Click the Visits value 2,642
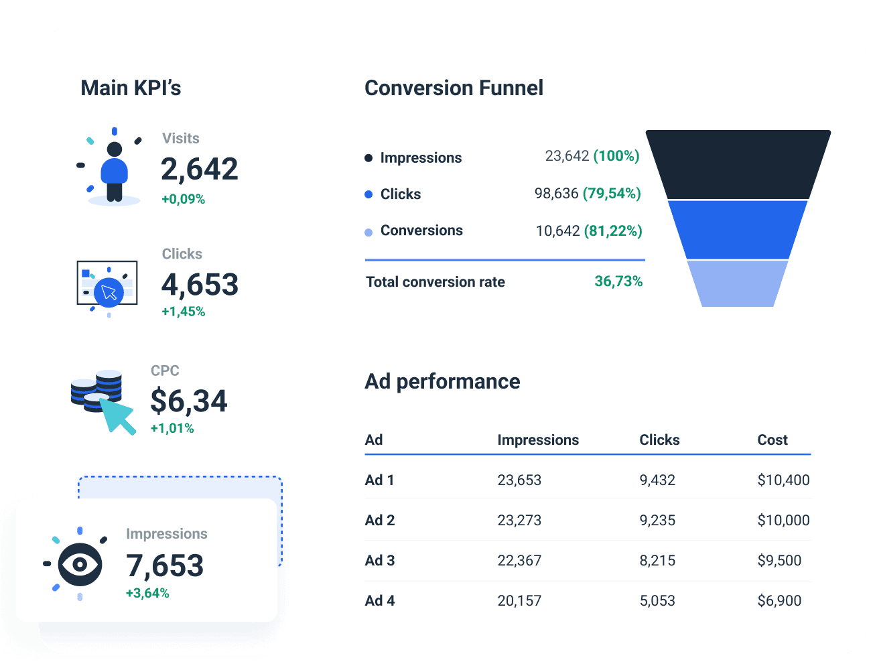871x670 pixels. [x=199, y=169]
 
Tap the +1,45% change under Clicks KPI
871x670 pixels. [x=183, y=312]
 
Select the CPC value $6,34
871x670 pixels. [x=188, y=401]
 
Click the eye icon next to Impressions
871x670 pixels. [x=80, y=564]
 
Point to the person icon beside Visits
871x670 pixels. [x=115, y=171]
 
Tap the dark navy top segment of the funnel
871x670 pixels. [x=738, y=164]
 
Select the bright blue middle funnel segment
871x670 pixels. [x=738, y=229]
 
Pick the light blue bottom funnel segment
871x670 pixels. [x=738, y=283]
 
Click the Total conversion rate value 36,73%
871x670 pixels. [x=618, y=281]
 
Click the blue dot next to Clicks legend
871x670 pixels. [x=368, y=194]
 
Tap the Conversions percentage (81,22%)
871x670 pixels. [x=612, y=231]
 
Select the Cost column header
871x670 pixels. [x=772, y=440]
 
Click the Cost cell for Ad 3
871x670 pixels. [x=779, y=561]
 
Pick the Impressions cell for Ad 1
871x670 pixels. [x=519, y=480]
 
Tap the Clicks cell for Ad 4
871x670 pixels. [x=657, y=601]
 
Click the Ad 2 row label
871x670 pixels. [x=379, y=521]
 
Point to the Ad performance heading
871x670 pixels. [x=442, y=381]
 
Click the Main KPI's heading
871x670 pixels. [x=131, y=88]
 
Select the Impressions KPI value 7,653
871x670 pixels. [x=165, y=565]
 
